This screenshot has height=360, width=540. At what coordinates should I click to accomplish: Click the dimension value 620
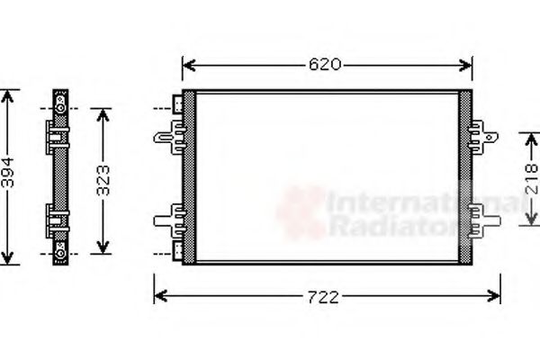click(x=325, y=65)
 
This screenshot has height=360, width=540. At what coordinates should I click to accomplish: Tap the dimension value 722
click(x=325, y=298)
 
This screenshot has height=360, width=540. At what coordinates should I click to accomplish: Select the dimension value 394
click(x=8, y=176)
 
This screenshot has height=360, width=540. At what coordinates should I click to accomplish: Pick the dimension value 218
click(x=531, y=186)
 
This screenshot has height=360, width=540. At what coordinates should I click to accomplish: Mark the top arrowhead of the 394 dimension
click(x=8, y=94)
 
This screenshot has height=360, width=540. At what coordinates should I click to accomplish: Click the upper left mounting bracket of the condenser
click(x=168, y=136)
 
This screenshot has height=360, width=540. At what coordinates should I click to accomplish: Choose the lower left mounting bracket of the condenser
click(x=168, y=218)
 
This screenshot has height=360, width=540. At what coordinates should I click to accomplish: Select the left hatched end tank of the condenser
click(x=188, y=176)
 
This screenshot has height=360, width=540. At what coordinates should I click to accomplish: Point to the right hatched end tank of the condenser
click(x=465, y=176)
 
